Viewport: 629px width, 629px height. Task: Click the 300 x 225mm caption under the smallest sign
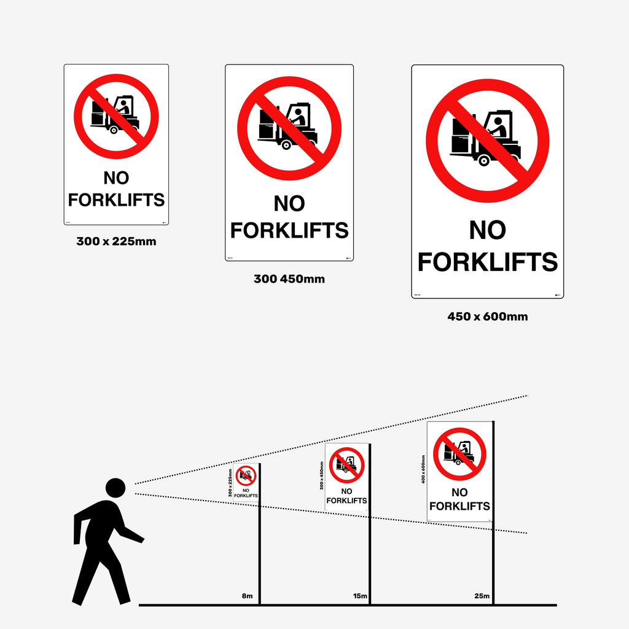point(116,241)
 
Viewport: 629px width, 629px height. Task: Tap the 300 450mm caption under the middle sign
point(289,279)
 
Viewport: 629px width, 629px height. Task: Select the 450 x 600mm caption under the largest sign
point(487,317)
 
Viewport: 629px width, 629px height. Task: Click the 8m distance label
point(247,596)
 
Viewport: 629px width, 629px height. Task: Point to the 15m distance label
point(359,596)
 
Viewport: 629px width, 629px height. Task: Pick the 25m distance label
point(482,596)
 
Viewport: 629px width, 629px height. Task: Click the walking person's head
point(115,488)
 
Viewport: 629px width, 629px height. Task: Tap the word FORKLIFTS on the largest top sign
point(487,262)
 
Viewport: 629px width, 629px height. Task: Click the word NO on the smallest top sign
point(116,178)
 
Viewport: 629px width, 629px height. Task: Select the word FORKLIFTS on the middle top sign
point(289,230)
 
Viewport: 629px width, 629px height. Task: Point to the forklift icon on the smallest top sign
point(115,115)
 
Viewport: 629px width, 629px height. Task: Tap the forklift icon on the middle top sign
point(287,127)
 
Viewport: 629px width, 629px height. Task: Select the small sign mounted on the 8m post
point(246,483)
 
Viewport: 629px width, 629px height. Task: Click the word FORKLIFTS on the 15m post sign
point(346,501)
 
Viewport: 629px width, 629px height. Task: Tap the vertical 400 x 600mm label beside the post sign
point(423,469)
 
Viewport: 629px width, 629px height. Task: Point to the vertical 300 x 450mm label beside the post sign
point(321,475)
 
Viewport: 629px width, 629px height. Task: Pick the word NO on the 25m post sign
point(459,492)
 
